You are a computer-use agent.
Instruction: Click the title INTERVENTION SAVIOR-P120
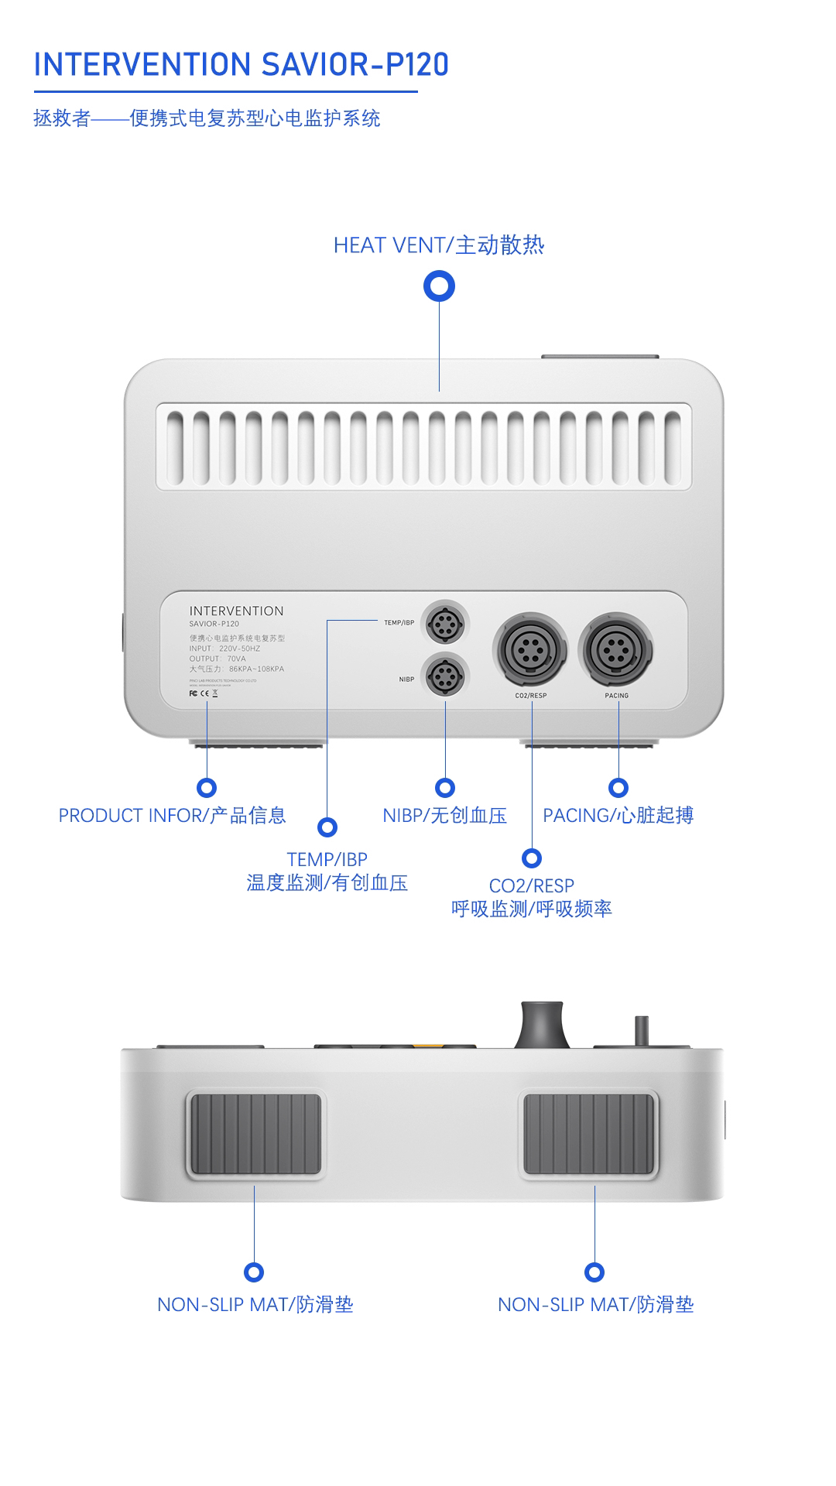(x=241, y=65)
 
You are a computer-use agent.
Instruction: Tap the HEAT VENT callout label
(x=438, y=245)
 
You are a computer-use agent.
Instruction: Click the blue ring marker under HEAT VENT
(x=439, y=287)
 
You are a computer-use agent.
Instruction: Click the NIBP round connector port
(x=445, y=675)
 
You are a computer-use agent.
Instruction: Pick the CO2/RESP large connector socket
(x=530, y=650)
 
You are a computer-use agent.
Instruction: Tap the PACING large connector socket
(x=616, y=650)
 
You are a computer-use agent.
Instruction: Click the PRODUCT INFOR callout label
(x=172, y=816)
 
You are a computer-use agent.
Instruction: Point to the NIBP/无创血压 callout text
(x=444, y=816)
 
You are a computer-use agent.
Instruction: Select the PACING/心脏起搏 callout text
(x=618, y=816)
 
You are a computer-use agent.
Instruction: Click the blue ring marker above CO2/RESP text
(x=532, y=858)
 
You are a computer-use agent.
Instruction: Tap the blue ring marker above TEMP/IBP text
(x=327, y=827)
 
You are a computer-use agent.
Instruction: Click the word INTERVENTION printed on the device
(x=236, y=611)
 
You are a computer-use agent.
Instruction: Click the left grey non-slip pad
(x=255, y=1135)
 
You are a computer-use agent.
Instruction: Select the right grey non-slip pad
(x=589, y=1135)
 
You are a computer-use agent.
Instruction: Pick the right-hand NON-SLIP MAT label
(x=595, y=1305)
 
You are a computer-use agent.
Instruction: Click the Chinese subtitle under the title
(x=207, y=118)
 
